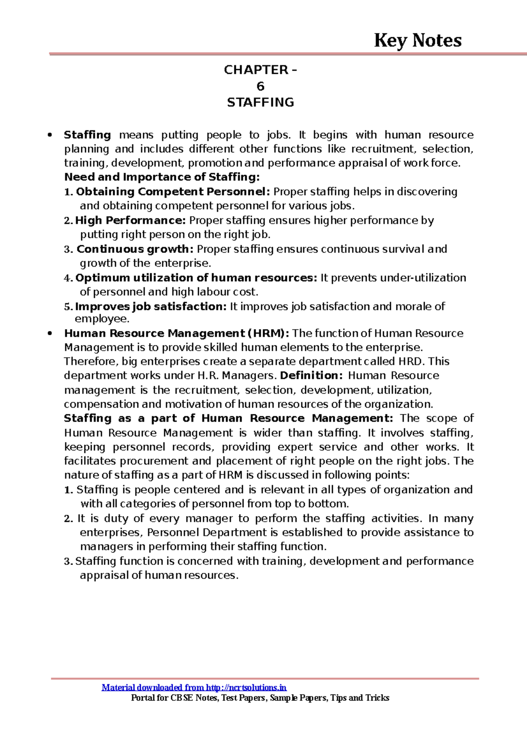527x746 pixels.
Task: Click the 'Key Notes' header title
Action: [417, 40]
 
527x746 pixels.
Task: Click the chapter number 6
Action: [260, 86]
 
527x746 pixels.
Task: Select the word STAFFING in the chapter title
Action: [260, 102]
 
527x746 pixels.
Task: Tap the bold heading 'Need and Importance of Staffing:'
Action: [162, 177]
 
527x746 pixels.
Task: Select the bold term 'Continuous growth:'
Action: [135, 249]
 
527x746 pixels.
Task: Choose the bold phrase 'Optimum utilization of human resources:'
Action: [196, 278]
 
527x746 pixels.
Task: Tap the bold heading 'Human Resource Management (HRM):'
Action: [177, 333]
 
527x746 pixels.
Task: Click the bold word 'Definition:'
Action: [311, 376]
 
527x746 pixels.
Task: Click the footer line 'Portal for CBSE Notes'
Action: [260, 698]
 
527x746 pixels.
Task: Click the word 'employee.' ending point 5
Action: [102, 319]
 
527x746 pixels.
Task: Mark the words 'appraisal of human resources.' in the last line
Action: [159, 575]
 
